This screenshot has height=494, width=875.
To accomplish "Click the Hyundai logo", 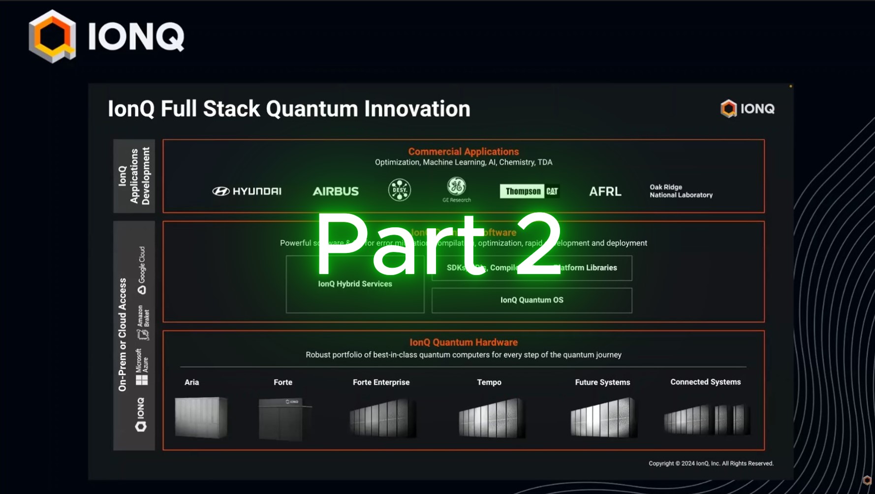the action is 247,191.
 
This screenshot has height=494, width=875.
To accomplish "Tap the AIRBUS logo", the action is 336,191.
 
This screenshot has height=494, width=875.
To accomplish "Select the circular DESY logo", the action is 399,190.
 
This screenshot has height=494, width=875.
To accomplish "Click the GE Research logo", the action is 456,189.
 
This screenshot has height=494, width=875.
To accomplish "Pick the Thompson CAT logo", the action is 530,191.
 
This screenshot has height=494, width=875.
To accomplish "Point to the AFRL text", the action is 605,191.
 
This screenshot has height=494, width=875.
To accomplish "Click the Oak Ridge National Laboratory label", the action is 681,191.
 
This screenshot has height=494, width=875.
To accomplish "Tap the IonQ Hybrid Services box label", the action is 355,284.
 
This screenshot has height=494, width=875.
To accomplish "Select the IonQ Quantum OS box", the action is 531,300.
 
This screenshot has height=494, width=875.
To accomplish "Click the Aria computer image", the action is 201,417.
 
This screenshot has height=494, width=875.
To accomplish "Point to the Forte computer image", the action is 284,419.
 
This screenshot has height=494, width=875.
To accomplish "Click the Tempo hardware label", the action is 489,382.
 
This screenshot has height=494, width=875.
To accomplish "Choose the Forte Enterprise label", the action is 381,382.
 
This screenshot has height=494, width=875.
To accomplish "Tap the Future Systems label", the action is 602,382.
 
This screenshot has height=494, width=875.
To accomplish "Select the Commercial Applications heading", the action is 463,152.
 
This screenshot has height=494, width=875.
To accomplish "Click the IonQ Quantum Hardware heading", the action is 463,342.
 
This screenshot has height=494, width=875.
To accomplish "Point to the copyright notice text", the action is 711,463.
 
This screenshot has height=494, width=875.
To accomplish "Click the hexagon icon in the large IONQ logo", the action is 52,36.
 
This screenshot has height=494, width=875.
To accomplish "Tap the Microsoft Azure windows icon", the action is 142,380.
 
